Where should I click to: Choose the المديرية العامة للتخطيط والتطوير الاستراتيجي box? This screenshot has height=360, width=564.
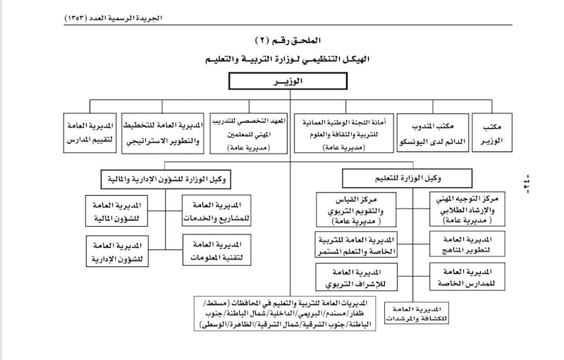pyautogui.click(x=163, y=134)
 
